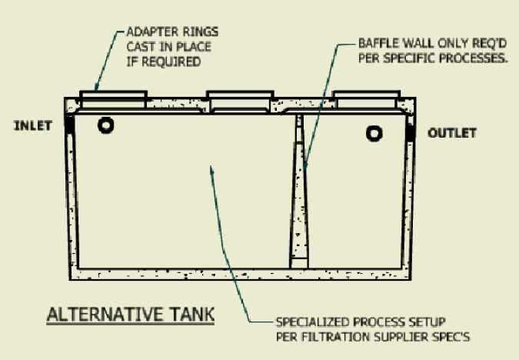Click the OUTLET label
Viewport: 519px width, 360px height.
451,133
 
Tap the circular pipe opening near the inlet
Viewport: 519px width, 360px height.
105,125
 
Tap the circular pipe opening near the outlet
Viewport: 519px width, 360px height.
374,134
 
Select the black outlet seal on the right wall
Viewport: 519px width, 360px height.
411,132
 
